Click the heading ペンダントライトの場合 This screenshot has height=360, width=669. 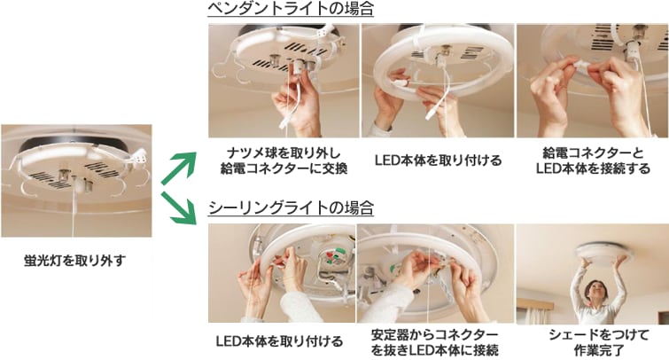point(291,9)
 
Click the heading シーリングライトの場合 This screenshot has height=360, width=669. point(291,208)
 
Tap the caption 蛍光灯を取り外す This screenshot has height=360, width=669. point(75,260)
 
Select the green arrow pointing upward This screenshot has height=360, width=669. point(179,168)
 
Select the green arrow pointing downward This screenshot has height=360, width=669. point(179,208)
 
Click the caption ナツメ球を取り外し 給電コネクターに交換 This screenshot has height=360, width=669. point(284,160)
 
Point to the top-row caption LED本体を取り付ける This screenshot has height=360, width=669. point(439,160)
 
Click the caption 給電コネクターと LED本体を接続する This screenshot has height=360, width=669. point(593,160)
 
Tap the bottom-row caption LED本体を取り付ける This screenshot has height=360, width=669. point(279,341)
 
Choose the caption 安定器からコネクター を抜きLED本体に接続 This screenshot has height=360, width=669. point(435,342)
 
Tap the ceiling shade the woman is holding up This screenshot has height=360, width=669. point(602,252)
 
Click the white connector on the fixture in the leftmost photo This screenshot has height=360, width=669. point(139,158)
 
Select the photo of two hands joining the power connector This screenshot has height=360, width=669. point(592,81)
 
